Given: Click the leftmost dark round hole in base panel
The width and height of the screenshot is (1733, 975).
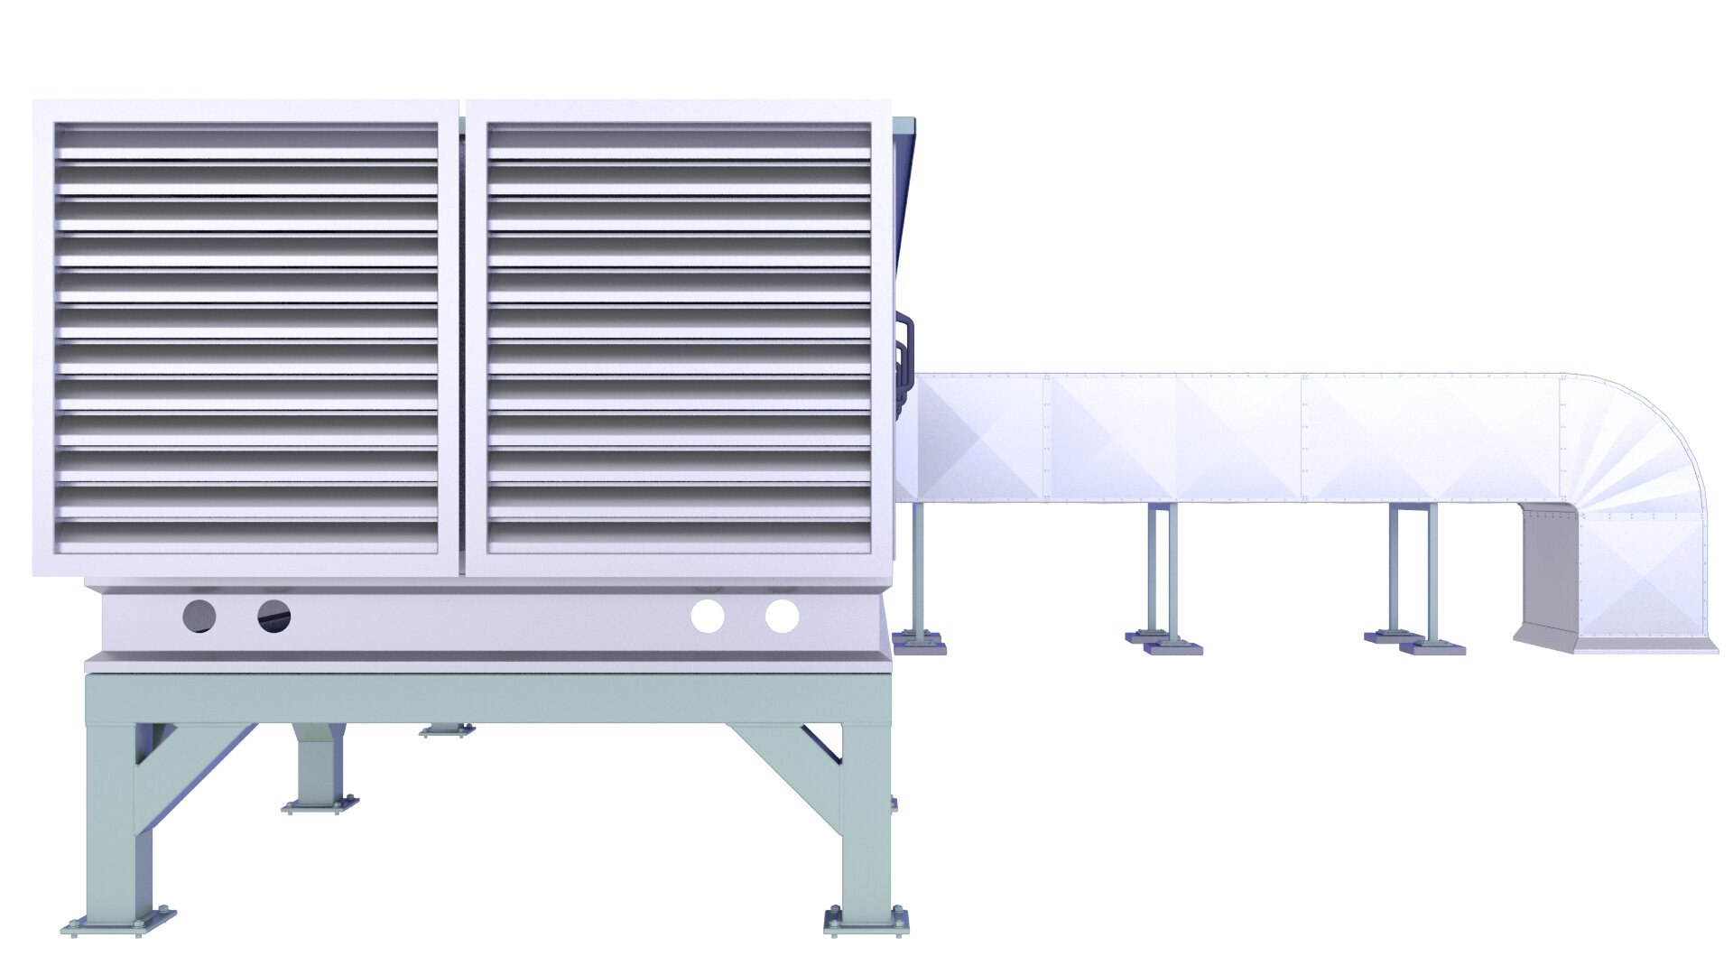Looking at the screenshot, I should tap(199, 617).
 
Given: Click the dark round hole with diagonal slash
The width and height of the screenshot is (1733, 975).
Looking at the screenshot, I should tap(274, 617).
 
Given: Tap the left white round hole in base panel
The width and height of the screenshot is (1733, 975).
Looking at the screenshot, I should tap(708, 617).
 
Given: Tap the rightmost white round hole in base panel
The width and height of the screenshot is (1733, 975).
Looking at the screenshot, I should tap(782, 617).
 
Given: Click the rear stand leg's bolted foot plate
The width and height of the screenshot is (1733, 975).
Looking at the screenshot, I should tap(320, 804).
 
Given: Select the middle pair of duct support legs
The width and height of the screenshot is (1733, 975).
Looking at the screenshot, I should tap(1163, 578).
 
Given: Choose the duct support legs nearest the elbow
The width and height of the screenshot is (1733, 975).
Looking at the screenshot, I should tap(1413, 578).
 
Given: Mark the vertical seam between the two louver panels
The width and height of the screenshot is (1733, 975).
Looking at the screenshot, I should tap(462, 339).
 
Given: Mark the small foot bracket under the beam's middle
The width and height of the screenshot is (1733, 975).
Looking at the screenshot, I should tap(447, 729).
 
